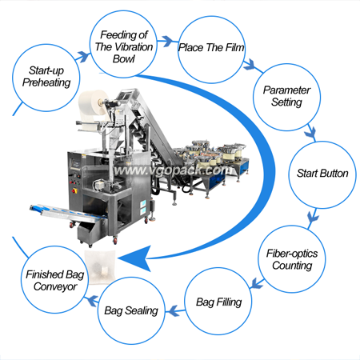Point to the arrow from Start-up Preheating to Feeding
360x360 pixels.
(84, 57)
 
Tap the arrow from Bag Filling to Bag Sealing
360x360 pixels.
(175, 311)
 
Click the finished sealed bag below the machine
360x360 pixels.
(100, 266)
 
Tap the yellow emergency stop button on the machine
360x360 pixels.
(74, 190)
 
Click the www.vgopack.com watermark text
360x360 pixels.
(172, 170)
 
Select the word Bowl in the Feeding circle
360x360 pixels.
(123, 59)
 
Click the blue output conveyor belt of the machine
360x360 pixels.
(68, 213)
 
